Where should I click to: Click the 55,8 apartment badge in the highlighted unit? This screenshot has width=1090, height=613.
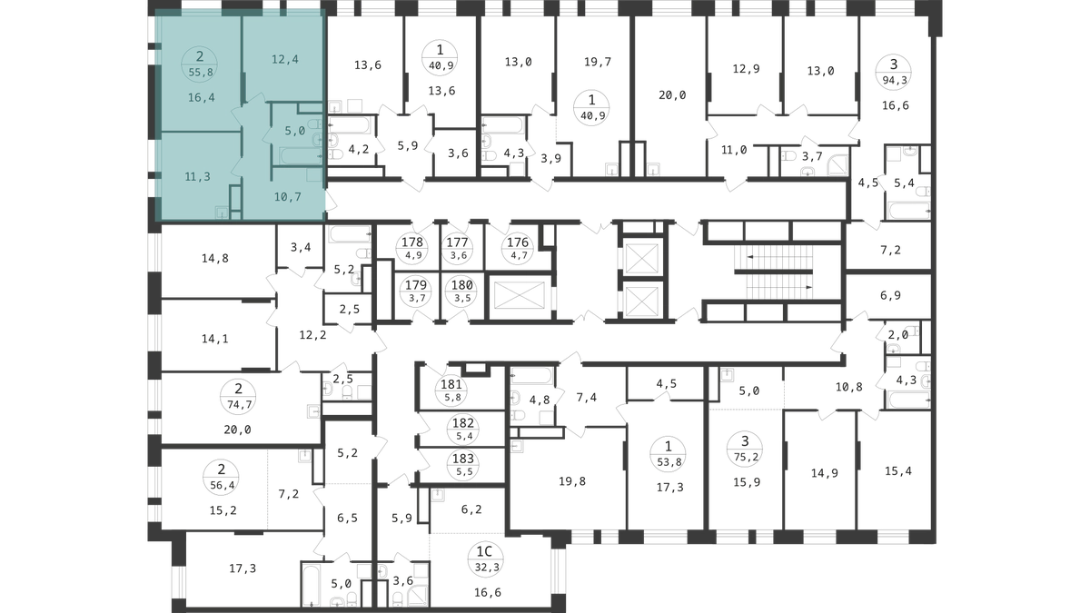click(x=200, y=64)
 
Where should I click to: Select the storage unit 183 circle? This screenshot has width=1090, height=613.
click(x=463, y=465)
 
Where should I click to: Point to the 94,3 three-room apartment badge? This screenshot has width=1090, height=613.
click(x=894, y=73)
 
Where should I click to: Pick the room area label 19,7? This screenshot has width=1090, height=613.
click(x=598, y=62)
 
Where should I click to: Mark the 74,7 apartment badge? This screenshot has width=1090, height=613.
click(x=238, y=397)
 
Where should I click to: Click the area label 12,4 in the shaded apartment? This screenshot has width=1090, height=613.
click(x=285, y=59)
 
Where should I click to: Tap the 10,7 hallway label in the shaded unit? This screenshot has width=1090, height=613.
click(x=288, y=196)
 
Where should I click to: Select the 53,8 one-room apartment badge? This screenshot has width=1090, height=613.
click(x=669, y=453)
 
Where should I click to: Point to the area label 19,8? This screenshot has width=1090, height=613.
click(x=572, y=481)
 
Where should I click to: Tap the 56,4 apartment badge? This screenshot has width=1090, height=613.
click(x=222, y=477)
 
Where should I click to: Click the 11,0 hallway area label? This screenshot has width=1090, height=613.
click(x=734, y=150)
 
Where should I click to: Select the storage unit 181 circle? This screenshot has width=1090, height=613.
click(x=451, y=391)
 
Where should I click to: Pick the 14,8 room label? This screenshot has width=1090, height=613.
click(x=215, y=258)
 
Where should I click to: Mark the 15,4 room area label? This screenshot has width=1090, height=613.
click(x=898, y=471)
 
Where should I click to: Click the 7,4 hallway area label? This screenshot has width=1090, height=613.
click(x=587, y=398)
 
